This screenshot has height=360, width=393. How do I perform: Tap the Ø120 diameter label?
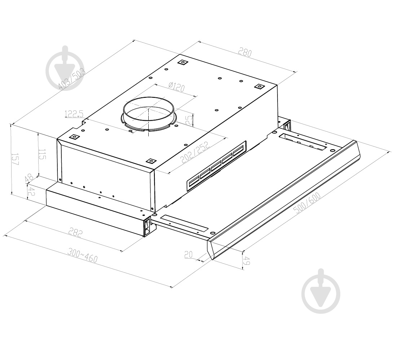tap(176, 87)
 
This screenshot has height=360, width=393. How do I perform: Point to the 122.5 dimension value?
tap(74, 114)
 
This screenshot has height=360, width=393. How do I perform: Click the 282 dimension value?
tap(75, 232)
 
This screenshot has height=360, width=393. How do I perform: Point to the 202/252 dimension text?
tap(195, 153)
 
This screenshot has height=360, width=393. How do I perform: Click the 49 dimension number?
tap(246, 261)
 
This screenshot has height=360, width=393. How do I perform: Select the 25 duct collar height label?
tap(189, 120)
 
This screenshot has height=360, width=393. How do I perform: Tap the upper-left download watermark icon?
tap(65, 69)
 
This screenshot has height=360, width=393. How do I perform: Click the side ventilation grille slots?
tap(216, 166)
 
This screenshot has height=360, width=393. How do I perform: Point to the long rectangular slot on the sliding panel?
tap(184, 224)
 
